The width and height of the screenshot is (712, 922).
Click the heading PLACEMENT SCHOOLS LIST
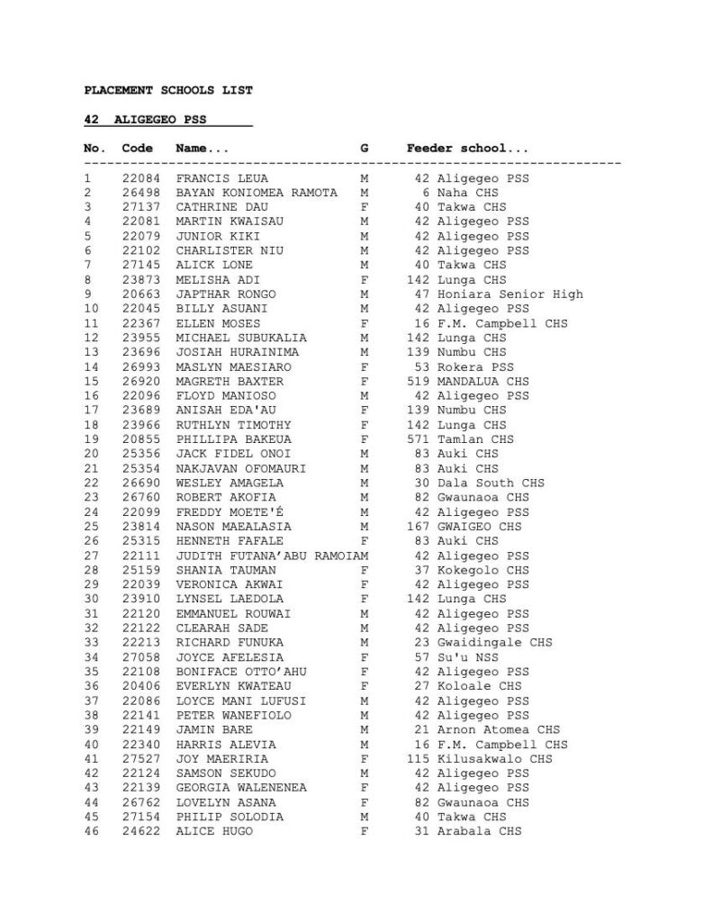click(x=168, y=90)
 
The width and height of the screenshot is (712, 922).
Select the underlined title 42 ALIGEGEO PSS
click(x=167, y=119)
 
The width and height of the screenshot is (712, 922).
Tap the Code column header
click(x=138, y=149)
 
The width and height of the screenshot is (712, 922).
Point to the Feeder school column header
click(x=467, y=149)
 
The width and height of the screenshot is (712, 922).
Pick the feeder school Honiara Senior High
click(x=509, y=294)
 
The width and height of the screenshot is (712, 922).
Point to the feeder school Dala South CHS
click(x=491, y=484)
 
